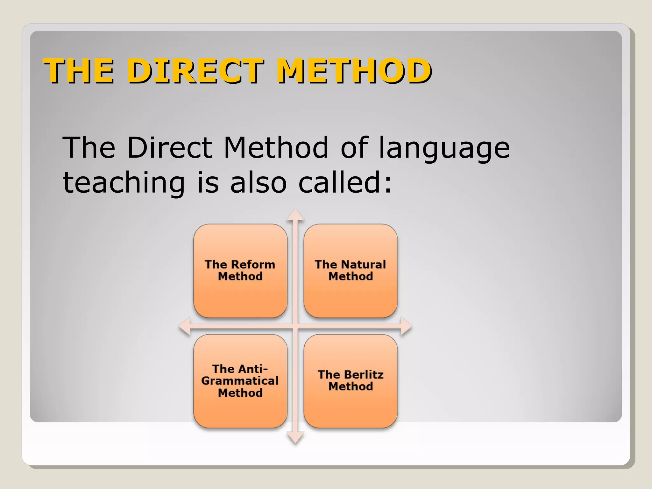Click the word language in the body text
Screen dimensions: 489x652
[x=444, y=148]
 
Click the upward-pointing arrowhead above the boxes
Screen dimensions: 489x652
[x=295, y=215]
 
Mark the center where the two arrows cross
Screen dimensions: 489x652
[x=295, y=326]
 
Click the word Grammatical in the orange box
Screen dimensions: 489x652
[x=240, y=381]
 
